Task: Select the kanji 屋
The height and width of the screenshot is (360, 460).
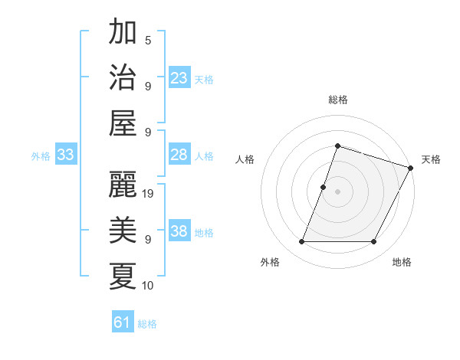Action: pos(123,123)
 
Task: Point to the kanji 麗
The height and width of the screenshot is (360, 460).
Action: pos(123,185)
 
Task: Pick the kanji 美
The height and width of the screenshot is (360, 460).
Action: pos(123,230)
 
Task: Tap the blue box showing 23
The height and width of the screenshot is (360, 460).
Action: pos(179,78)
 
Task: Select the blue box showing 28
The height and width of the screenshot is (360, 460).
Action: pos(179,155)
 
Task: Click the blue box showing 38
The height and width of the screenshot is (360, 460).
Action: pos(179,231)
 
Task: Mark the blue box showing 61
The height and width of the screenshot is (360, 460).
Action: pos(123,322)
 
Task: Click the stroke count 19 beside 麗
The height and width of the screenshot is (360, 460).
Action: pos(149,194)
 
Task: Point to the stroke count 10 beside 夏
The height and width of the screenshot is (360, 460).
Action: pos(149,286)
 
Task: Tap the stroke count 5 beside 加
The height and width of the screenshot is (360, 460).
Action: pos(148,40)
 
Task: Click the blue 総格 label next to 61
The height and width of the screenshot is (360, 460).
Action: pos(147,324)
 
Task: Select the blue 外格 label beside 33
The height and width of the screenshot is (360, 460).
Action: pos(41,156)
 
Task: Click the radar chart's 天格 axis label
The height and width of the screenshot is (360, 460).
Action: pos(431,159)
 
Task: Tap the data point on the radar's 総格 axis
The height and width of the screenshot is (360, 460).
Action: pos(337,146)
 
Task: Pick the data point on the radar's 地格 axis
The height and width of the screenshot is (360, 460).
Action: pos(374,242)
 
